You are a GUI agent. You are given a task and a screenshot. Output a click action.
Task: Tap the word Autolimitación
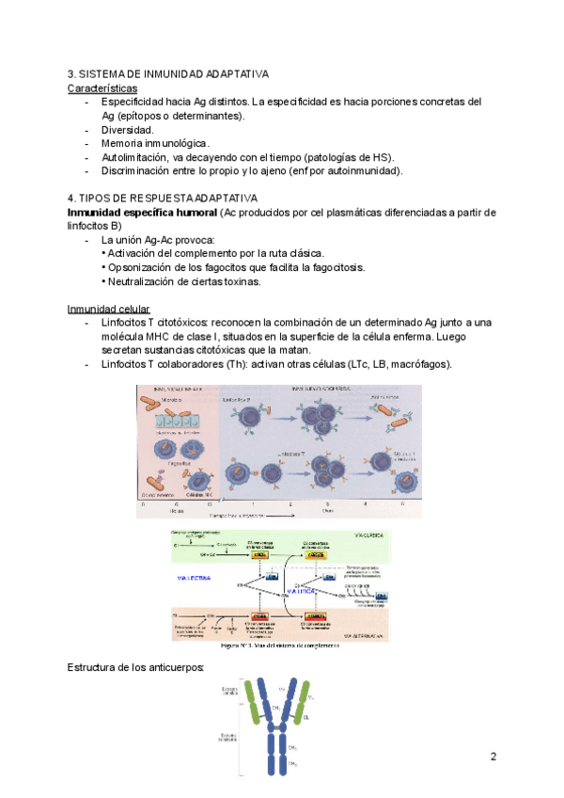click(x=137, y=157)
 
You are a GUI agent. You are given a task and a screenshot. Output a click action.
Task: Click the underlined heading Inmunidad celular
click(x=108, y=310)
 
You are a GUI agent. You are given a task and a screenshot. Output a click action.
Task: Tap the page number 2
click(x=493, y=757)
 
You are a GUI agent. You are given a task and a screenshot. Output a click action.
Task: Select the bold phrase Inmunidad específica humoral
click(x=142, y=212)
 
